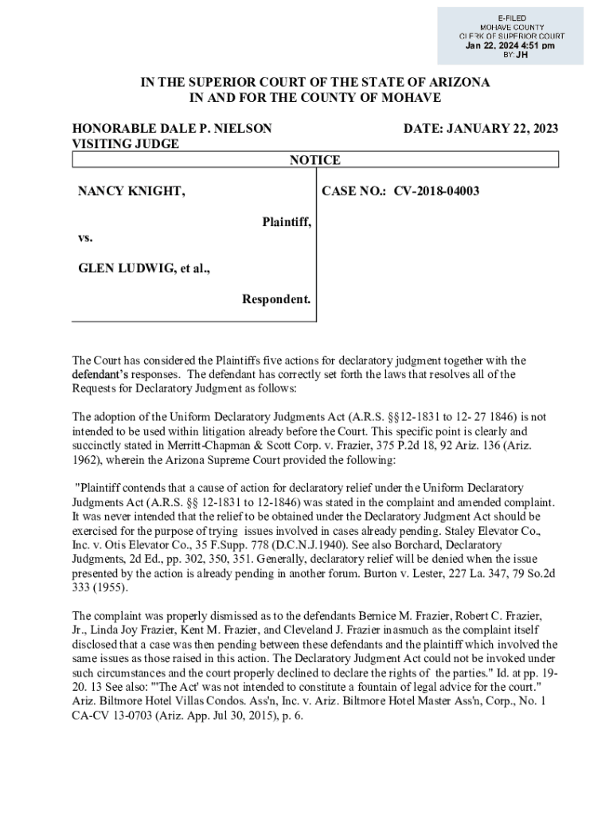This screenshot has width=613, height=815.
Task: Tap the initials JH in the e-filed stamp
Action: tap(521, 55)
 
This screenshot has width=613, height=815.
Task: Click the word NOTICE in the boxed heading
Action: tap(314, 160)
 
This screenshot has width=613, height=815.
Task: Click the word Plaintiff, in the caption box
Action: tap(287, 222)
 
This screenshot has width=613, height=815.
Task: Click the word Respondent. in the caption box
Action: tap(276, 299)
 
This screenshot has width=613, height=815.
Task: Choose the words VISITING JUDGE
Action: tap(126, 144)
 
